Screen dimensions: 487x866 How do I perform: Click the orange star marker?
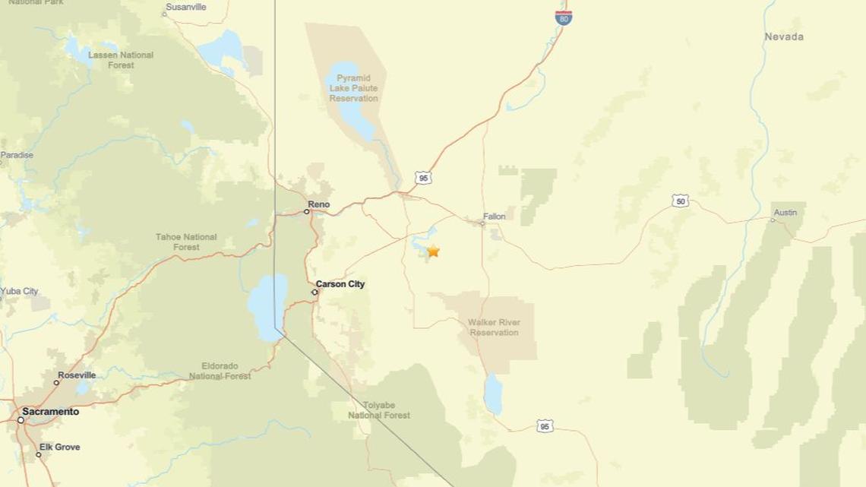(x=433, y=251)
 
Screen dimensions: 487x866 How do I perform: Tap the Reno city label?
(x=319, y=204)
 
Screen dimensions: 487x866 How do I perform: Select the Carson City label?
(x=340, y=284)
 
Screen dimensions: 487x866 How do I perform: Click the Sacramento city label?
(x=50, y=412)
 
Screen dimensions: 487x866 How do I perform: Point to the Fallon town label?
(x=495, y=217)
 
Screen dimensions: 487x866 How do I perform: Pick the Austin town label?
(x=785, y=213)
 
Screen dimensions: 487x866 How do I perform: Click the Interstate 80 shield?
(x=563, y=17)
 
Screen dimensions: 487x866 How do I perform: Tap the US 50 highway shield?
(x=680, y=201)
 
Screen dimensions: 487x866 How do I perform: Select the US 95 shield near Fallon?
(x=423, y=178)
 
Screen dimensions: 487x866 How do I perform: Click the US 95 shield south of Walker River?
(x=545, y=426)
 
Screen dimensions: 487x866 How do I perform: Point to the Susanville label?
(x=186, y=7)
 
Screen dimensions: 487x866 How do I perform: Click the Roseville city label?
(x=77, y=375)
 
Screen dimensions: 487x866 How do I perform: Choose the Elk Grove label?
(x=60, y=447)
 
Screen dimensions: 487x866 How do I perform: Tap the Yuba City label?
(x=19, y=291)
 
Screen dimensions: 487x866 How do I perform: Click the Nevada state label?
(x=784, y=36)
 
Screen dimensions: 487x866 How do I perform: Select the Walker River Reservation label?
(x=494, y=327)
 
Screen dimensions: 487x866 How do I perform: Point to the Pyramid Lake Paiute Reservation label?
(x=353, y=88)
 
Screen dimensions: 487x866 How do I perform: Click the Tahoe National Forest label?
(x=186, y=242)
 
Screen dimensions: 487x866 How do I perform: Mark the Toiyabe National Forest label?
(x=379, y=410)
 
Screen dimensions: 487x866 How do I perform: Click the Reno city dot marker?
(x=307, y=211)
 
